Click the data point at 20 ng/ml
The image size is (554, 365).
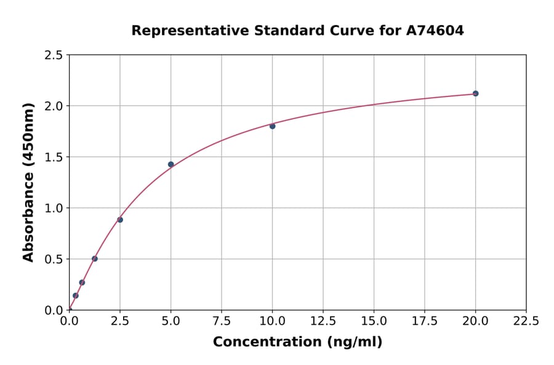click(x=475, y=93)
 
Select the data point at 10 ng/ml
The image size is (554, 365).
click(x=272, y=126)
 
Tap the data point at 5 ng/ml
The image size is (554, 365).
click(x=171, y=164)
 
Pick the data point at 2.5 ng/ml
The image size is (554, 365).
click(x=120, y=219)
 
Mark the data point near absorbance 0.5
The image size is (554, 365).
click(x=95, y=259)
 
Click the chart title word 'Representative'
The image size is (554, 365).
click(x=180, y=30)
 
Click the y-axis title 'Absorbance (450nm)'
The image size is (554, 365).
click(x=28, y=182)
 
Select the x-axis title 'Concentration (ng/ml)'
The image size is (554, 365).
click(x=297, y=342)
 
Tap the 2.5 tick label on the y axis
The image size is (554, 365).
click(x=53, y=55)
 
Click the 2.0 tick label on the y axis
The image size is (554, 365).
click(x=53, y=106)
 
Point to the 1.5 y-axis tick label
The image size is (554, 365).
click(x=53, y=157)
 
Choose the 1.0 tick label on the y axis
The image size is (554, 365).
click(x=53, y=208)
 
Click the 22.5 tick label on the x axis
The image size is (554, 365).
click(x=526, y=321)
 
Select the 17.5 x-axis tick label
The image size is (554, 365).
click(x=425, y=321)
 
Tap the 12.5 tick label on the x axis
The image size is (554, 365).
click(x=323, y=321)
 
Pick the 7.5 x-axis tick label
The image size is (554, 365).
click(x=222, y=321)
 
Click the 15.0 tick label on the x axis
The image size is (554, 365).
click(x=374, y=321)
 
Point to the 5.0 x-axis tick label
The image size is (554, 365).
click(x=171, y=321)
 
